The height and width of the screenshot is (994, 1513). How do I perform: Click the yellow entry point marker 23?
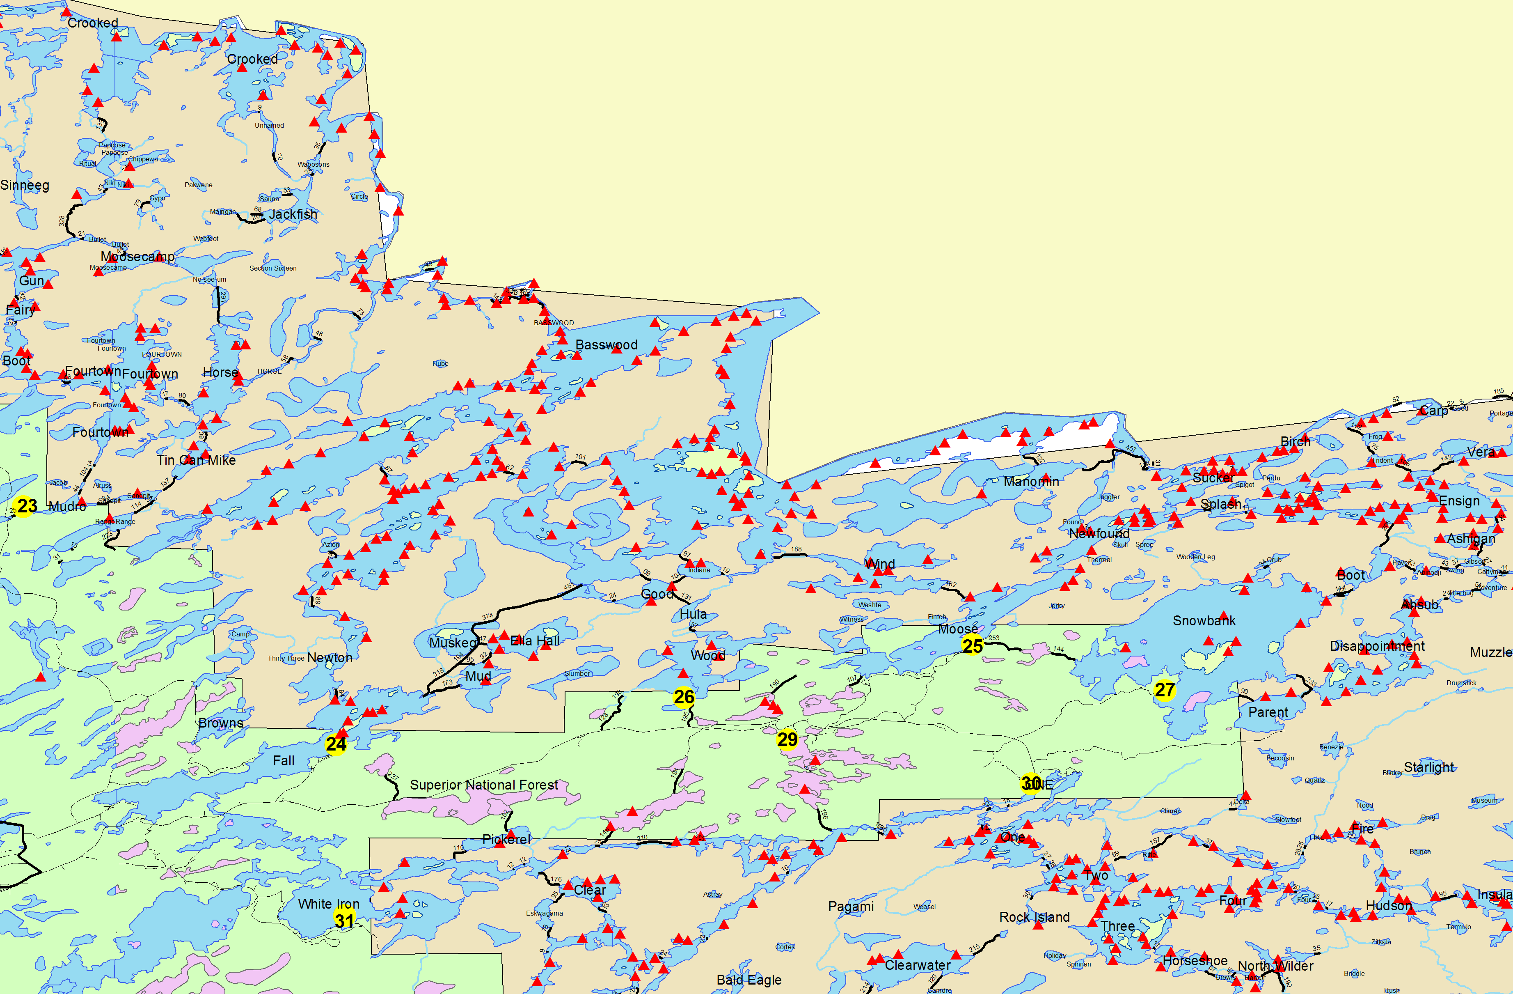pyautogui.click(x=25, y=506)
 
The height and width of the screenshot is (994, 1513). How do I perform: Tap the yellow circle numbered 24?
pyautogui.click(x=336, y=744)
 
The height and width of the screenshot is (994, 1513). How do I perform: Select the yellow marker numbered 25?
pyautogui.click(x=973, y=645)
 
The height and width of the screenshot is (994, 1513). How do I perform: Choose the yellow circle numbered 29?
pyautogui.click(x=787, y=739)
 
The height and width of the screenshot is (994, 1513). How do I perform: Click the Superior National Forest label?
pyautogui.click(x=484, y=785)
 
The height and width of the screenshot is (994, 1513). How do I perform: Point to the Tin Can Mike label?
pyautogui.click(x=197, y=460)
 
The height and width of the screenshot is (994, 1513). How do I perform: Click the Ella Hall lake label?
pyautogui.click(x=535, y=640)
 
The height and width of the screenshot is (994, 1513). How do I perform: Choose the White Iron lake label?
pyautogui.click(x=329, y=904)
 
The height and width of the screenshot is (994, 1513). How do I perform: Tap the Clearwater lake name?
pyautogui.click(x=917, y=965)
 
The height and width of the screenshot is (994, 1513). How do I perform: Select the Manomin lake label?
pyautogui.click(x=1031, y=482)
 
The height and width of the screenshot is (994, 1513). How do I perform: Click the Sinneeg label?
pyautogui.click(x=25, y=185)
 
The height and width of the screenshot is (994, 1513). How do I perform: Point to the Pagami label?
pyautogui.click(x=851, y=906)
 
